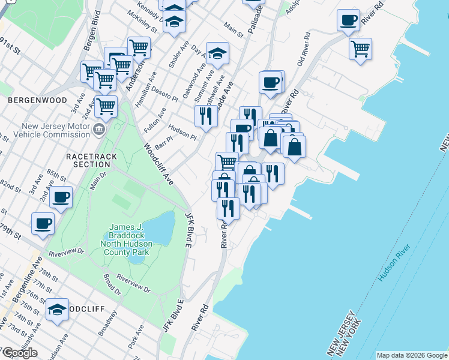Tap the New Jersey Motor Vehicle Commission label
pos(55,130)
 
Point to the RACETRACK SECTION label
pos(88,160)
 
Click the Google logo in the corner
pos(20,353)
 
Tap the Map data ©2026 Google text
pos(412,355)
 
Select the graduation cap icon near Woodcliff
pos(57,310)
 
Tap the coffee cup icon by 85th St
pos(61,197)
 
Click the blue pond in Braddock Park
pos(159,228)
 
